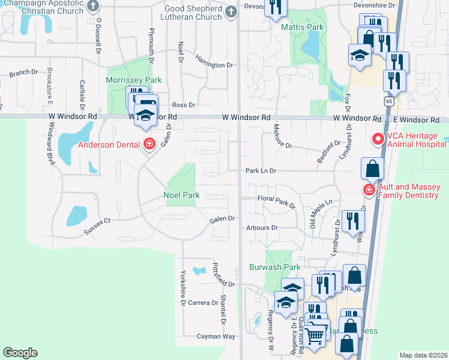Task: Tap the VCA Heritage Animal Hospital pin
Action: tap(378, 140)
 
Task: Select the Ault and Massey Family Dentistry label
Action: tap(409, 191)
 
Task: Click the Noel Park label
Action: tap(181, 195)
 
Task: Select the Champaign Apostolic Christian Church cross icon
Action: tap(92, 7)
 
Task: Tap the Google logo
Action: tap(20, 353)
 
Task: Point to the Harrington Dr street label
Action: tap(213, 65)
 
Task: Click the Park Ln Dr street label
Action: tap(261, 171)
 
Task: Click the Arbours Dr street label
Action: tap(262, 228)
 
